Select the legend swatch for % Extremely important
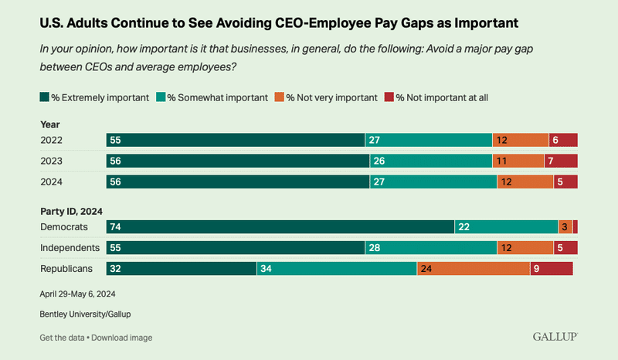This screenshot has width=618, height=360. coord(44,97)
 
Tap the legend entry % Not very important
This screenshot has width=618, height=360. coord(331,97)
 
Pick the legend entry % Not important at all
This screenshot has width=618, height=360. coord(441,97)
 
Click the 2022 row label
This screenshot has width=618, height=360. coord(53,140)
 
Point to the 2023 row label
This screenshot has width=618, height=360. coord(53,161)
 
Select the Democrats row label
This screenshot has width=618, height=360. coord(63,227)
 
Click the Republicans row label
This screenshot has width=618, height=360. coord(66,268)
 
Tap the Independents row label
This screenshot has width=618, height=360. coord(70,248)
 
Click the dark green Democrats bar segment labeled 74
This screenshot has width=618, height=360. coord(280,227)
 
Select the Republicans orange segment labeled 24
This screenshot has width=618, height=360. coord(473,268)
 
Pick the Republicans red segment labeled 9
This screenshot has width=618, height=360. coord(551,268)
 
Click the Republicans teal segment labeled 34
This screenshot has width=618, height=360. coord(336,268)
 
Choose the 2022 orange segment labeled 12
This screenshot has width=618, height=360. coord(521,140)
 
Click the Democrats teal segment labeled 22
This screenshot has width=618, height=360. coord(506,227)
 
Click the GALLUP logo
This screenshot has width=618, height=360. coord(555,337)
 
